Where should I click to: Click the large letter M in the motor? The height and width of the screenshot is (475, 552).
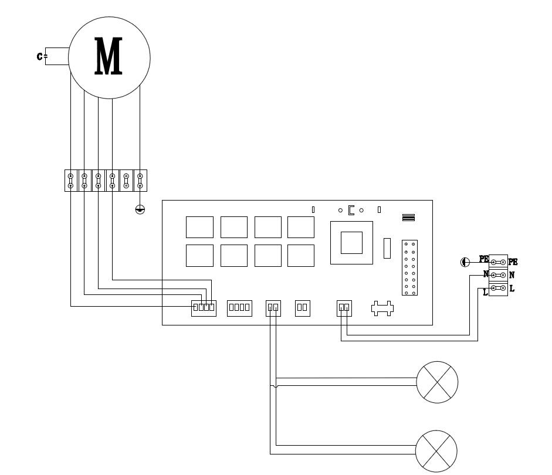109,57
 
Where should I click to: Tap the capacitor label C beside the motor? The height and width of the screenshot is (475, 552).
39,56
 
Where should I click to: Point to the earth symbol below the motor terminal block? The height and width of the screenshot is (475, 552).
140,209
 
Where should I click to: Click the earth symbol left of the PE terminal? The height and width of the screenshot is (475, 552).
465,262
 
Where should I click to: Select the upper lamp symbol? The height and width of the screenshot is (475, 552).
437,382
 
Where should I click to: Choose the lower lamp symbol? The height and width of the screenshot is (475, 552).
436,451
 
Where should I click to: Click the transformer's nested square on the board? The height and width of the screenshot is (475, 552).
351,242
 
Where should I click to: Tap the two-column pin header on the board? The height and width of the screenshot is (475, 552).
409,268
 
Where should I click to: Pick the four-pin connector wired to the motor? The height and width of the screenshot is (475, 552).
204,307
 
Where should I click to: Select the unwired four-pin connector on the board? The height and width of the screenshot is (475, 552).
239,307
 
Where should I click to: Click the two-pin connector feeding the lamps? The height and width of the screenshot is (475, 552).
273,307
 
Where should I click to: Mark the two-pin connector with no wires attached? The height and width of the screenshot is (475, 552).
302,307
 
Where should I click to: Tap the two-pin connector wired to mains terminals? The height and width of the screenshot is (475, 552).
344,307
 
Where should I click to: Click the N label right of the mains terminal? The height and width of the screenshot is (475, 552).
512,275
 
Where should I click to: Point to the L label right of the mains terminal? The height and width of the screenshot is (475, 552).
512,289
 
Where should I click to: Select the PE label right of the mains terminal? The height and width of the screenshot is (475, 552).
513,262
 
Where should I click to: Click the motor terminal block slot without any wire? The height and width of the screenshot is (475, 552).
127,180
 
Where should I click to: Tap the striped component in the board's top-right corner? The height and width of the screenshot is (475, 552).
408,218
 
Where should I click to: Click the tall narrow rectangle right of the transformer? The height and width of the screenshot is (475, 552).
387,248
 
